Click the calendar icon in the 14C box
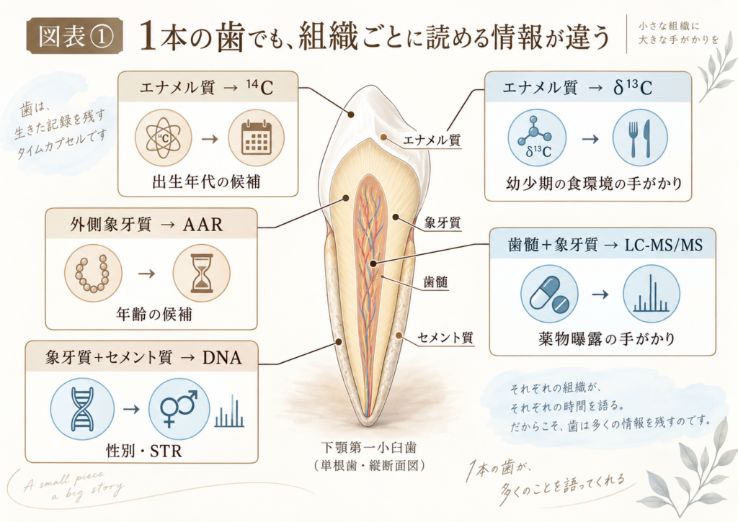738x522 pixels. [x=257, y=138]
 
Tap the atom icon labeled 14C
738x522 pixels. [x=164, y=138]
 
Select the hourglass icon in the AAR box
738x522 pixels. [x=202, y=274]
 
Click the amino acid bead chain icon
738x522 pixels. [x=93, y=274]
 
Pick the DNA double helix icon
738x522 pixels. [x=82, y=408]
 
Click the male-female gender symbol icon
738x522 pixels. [x=179, y=408]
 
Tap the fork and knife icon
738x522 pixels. [x=640, y=138]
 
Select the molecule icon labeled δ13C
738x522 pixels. [x=537, y=138]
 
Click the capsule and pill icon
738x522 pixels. [x=549, y=294]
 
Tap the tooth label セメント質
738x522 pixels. [x=445, y=337]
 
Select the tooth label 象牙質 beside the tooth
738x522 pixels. [x=443, y=222]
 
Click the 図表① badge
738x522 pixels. [x=75, y=36]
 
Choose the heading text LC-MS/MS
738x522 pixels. [x=664, y=245]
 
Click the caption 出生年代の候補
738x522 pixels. [x=207, y=181]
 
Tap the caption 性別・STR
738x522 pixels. [x=144, y=451]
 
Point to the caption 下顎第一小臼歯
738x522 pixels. [x=369, y=447]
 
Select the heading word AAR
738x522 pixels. [x=203, y=225]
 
